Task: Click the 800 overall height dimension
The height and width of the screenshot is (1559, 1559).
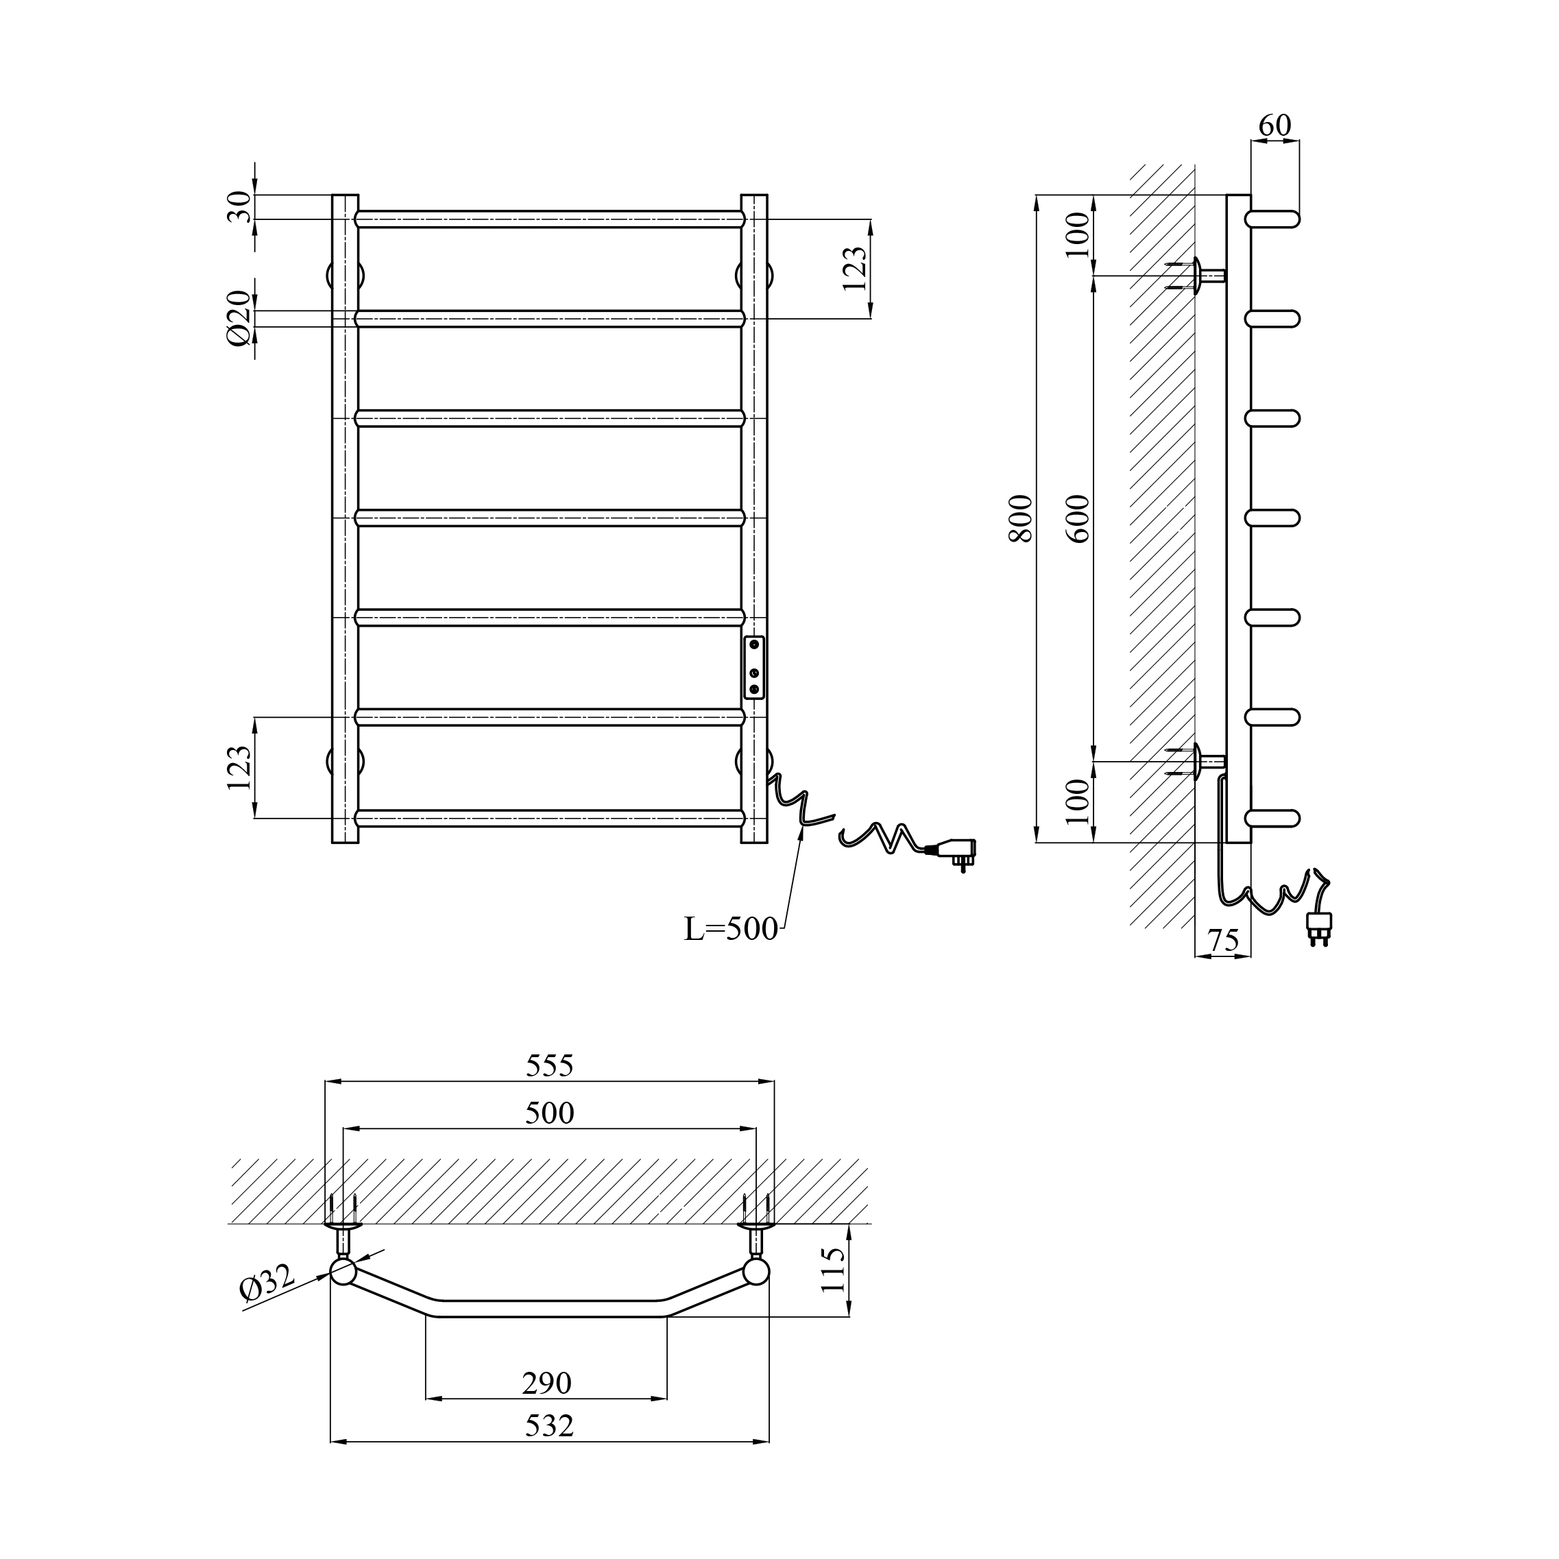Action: tap(1021, 518)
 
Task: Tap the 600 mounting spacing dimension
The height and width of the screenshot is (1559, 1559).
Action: tap(1079, 518)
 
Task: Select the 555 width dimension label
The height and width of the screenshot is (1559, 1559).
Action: tap(550, 1066)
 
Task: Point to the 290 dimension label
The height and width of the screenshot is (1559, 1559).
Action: tap(546, 1383)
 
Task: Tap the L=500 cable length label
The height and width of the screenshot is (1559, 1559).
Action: tap(731, 930)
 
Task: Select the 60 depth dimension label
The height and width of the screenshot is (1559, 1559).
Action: tap(1275, 125)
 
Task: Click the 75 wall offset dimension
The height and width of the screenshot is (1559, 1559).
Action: tap(1222, 940)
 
